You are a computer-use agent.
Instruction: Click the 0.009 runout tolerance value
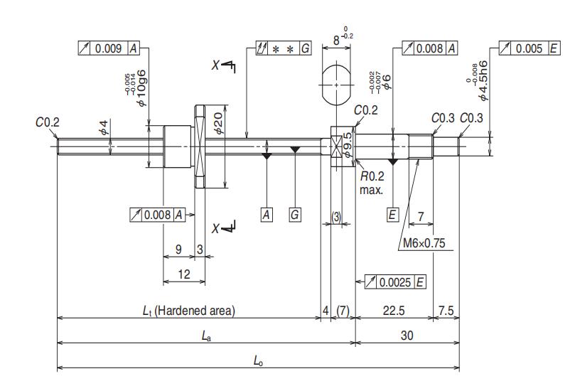pos(108,48)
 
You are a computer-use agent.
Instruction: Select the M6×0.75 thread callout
pos(424,243)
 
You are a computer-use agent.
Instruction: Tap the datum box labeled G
pos(295,215)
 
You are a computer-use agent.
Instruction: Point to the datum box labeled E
pos(392,215)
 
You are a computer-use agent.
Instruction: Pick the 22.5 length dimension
pos(394,311)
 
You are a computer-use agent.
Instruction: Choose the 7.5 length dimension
pos(446,311)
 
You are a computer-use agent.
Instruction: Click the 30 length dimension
pos(407,336)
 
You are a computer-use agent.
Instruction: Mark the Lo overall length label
pos(258,361)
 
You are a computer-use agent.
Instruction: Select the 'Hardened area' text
pos(195,311)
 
